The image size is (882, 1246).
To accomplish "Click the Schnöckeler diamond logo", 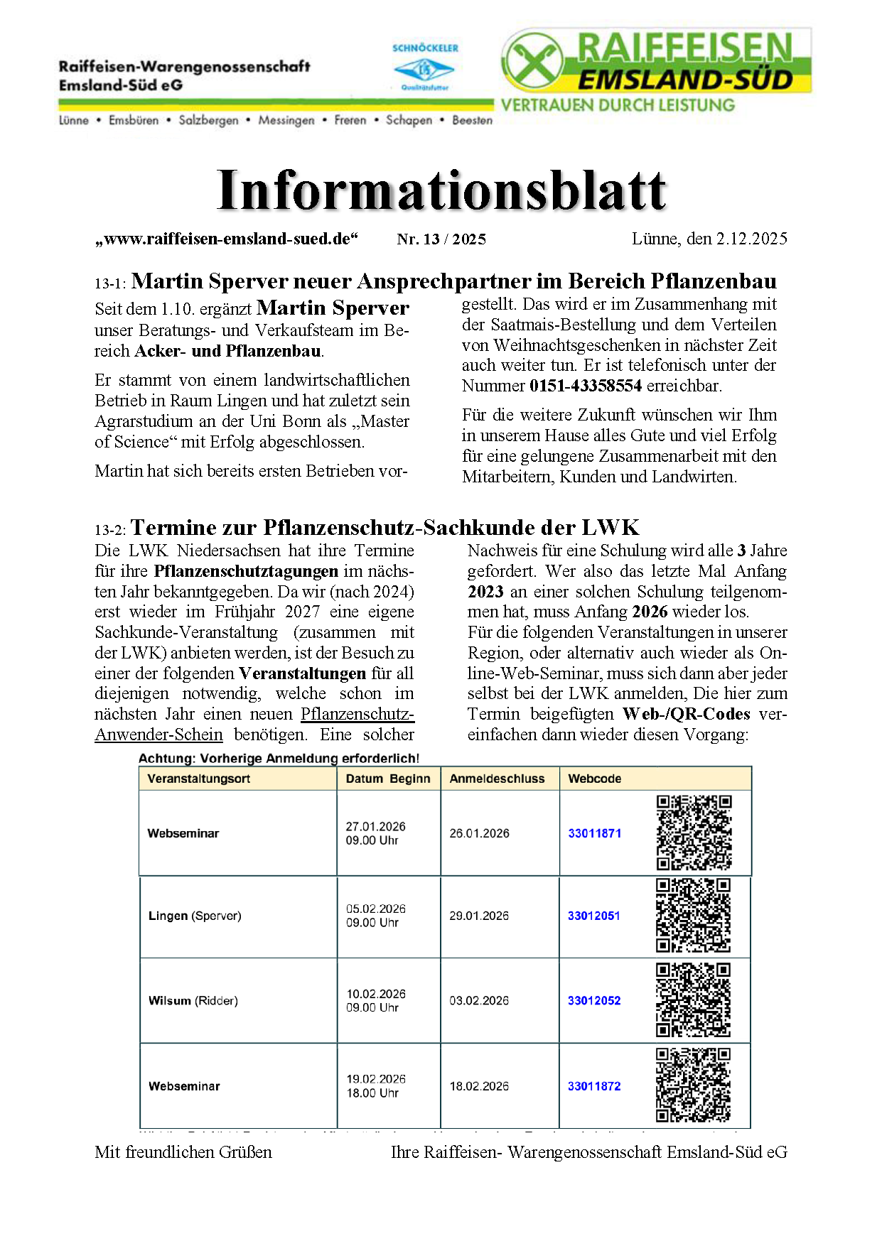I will tap(424, 70).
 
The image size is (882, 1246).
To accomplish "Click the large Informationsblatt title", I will tap(441, 190).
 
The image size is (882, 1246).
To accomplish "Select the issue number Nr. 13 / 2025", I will tap(441, 239).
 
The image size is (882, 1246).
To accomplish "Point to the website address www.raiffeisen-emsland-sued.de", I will tap(227, 239).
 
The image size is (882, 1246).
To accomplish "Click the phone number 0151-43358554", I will tap(586, 386).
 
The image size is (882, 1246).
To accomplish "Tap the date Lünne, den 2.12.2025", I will tap(709, 239).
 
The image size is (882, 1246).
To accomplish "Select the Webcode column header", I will tap(594, 779).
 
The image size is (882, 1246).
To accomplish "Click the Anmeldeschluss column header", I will tap(497, 779).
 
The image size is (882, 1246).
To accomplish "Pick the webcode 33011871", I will tap(594, 833).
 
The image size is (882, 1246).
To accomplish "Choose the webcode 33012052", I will tap(594, 1001).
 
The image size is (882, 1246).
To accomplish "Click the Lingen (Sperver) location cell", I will tap(195, 916).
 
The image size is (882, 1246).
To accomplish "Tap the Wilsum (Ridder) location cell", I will tap(193, 1001).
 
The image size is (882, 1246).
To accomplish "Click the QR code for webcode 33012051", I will tap(693, 916).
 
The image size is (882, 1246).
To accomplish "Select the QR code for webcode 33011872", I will tap(693, 1085).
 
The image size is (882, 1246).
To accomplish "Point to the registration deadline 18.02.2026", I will tap(479, 1086).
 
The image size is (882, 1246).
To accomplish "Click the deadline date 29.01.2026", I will tap(479, 916).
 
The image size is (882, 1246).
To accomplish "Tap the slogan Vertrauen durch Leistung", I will tap(618, 105).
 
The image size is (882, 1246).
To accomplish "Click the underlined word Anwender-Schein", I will tap(158, 735).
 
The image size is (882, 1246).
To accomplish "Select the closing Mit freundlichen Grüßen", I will tap(183, 1152).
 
